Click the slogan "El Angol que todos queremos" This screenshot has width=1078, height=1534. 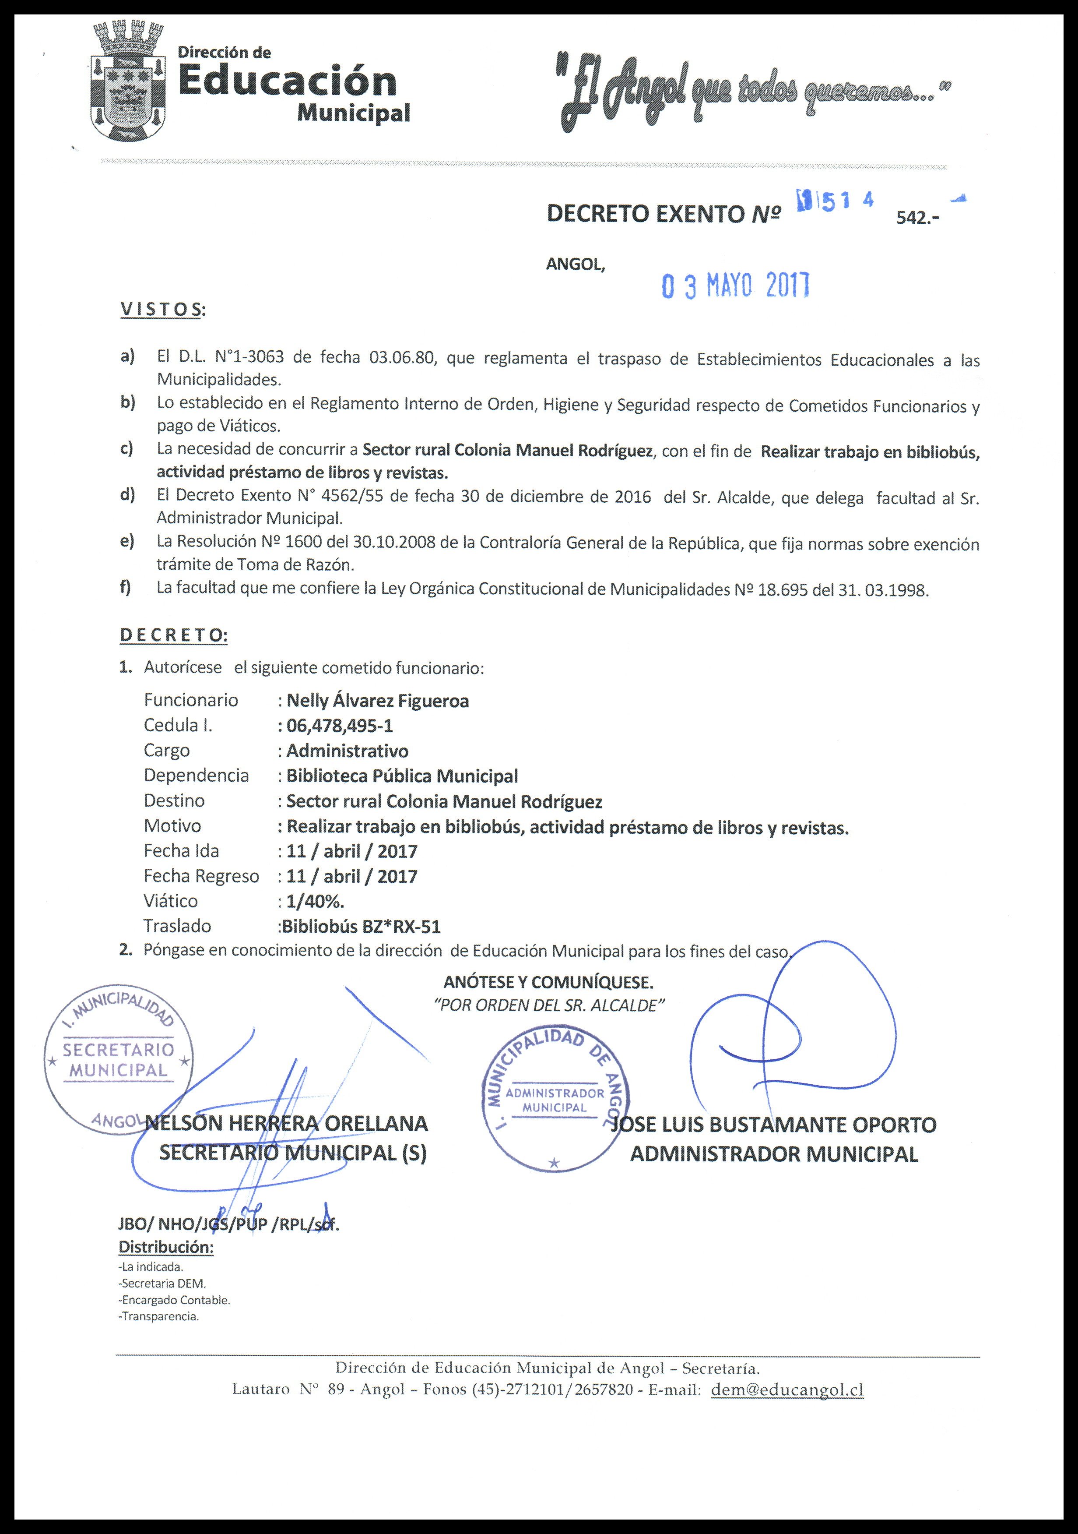[x=753, y=94]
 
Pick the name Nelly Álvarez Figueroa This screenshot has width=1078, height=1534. [x=377, y=701]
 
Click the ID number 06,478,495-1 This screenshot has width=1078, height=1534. [x=339, y=726]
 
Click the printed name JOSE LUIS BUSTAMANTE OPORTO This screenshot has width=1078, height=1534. [x=775, y=1125]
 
